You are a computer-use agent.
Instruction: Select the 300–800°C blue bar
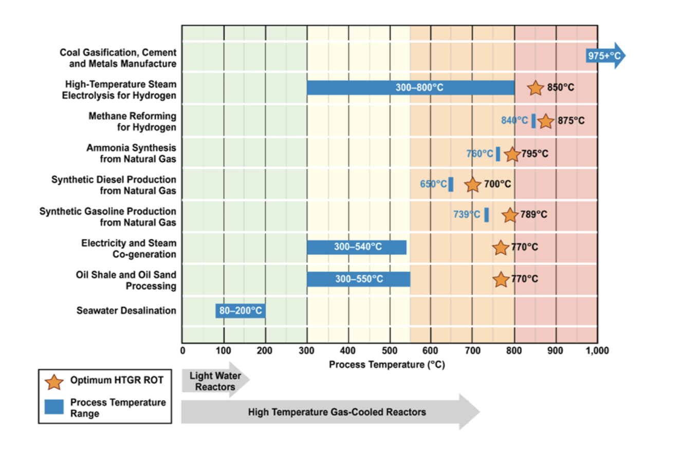point(411,87)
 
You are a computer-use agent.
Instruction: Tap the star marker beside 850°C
point(535,88)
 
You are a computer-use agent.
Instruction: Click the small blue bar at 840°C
point(534,120)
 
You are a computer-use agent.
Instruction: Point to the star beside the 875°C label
point(546,121)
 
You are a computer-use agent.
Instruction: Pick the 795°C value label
point(535,153)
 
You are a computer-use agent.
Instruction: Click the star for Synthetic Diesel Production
point(473,184)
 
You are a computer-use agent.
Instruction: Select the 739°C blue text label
point(466,215)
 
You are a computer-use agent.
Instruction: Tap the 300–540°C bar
point(357,247)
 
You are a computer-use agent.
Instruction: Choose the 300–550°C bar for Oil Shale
point(359,279)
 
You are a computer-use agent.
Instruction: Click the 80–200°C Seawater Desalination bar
point(240,311)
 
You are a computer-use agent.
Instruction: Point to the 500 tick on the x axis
point(390,351)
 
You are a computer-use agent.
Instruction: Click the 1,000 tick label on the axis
point(597,351)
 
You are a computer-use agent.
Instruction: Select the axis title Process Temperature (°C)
point(387,365)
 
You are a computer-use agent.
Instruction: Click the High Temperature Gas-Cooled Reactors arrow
point(331,411)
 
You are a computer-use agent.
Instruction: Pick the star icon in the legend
point(54,382)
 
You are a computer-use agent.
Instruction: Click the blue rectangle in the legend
point(54,407)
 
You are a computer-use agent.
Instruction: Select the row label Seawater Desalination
point(126,311)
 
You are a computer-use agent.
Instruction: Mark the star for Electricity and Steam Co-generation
point(501,248)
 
